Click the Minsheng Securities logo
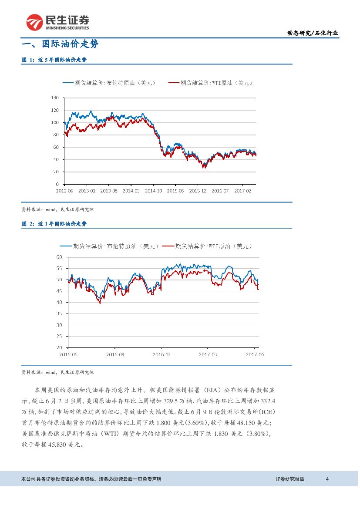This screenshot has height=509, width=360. click(57, 22)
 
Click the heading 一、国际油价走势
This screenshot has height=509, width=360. click(61, 44)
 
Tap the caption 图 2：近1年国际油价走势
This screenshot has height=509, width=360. click(54, 224)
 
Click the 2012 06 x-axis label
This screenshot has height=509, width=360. click(64, 190)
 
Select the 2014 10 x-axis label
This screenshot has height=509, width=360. click(153, 190)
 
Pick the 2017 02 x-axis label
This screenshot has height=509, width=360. click(243, 190)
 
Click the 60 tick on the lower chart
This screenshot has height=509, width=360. click(59, 257)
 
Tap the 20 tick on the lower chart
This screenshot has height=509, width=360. click(59, 347)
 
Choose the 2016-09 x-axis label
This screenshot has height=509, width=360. click(115, 354)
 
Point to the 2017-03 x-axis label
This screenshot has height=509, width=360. click(208, 354)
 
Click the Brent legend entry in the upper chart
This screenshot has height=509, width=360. click(109, 82)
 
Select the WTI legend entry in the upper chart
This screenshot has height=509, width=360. click(211, 82)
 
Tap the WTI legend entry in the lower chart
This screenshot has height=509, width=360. click(207, 246)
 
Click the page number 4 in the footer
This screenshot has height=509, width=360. click(327, 479)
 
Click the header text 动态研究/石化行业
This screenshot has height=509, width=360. click(313, 33)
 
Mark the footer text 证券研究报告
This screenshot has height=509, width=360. click(290, 479)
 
